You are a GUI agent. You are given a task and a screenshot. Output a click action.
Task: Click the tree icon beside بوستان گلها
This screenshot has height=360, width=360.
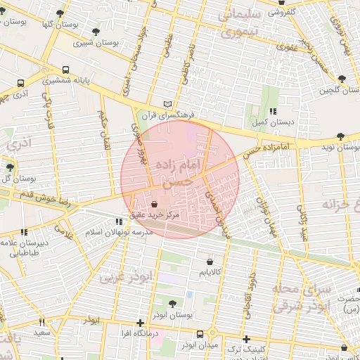pos(60,13)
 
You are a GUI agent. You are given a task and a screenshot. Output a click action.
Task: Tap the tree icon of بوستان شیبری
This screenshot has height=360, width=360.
pos(96,32)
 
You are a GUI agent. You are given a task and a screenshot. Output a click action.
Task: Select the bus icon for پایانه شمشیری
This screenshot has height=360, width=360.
pos(65,70)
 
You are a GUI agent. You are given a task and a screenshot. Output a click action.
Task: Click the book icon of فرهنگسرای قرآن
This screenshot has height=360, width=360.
pos(167,103)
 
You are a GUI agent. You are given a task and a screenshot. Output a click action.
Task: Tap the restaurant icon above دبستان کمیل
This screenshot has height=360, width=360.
pos(272,111)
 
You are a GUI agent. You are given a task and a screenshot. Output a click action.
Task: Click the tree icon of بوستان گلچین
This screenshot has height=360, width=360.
pos(342,79)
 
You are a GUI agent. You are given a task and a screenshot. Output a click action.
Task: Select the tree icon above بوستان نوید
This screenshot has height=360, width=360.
pos(341,136)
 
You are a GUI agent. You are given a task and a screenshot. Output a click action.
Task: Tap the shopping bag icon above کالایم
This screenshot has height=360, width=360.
pos(209,260)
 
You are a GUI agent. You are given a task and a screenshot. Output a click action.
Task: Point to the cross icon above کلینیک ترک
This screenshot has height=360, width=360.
pos(245,340)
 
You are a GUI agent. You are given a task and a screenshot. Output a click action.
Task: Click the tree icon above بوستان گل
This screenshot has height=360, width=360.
pos(9,167)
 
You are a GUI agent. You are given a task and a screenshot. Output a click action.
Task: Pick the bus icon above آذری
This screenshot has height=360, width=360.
pos(20,82)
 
